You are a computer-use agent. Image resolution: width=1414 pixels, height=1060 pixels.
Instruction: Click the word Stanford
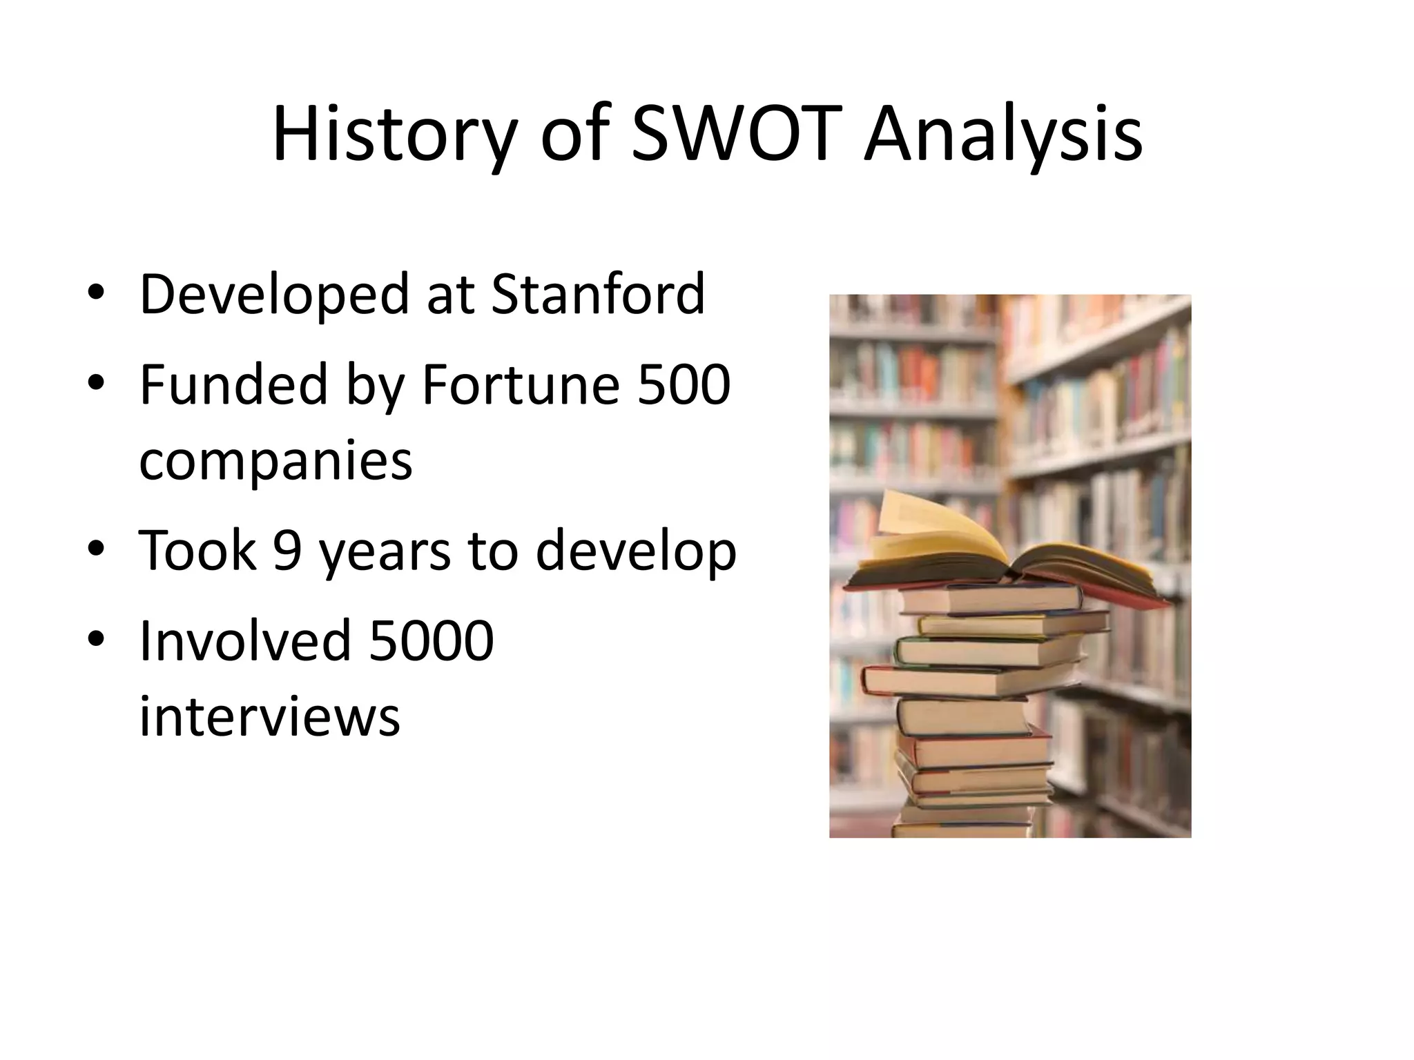pos(598,295)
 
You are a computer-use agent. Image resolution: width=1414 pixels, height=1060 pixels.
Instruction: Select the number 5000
pos(432,640)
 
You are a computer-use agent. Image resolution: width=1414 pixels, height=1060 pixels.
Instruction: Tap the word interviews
pos(269,716)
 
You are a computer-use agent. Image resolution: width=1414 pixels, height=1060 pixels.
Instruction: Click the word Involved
pos(244,640)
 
